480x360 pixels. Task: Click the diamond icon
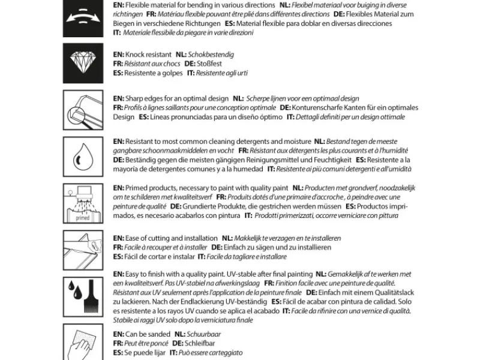pos(82,62)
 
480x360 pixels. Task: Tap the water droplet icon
pos(82,156)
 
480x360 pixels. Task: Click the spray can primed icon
pos(82,203)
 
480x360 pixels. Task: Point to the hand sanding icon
pos(82,342)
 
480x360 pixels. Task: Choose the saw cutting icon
pos(82,248)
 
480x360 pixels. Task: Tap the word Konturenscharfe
pos(325,107)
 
